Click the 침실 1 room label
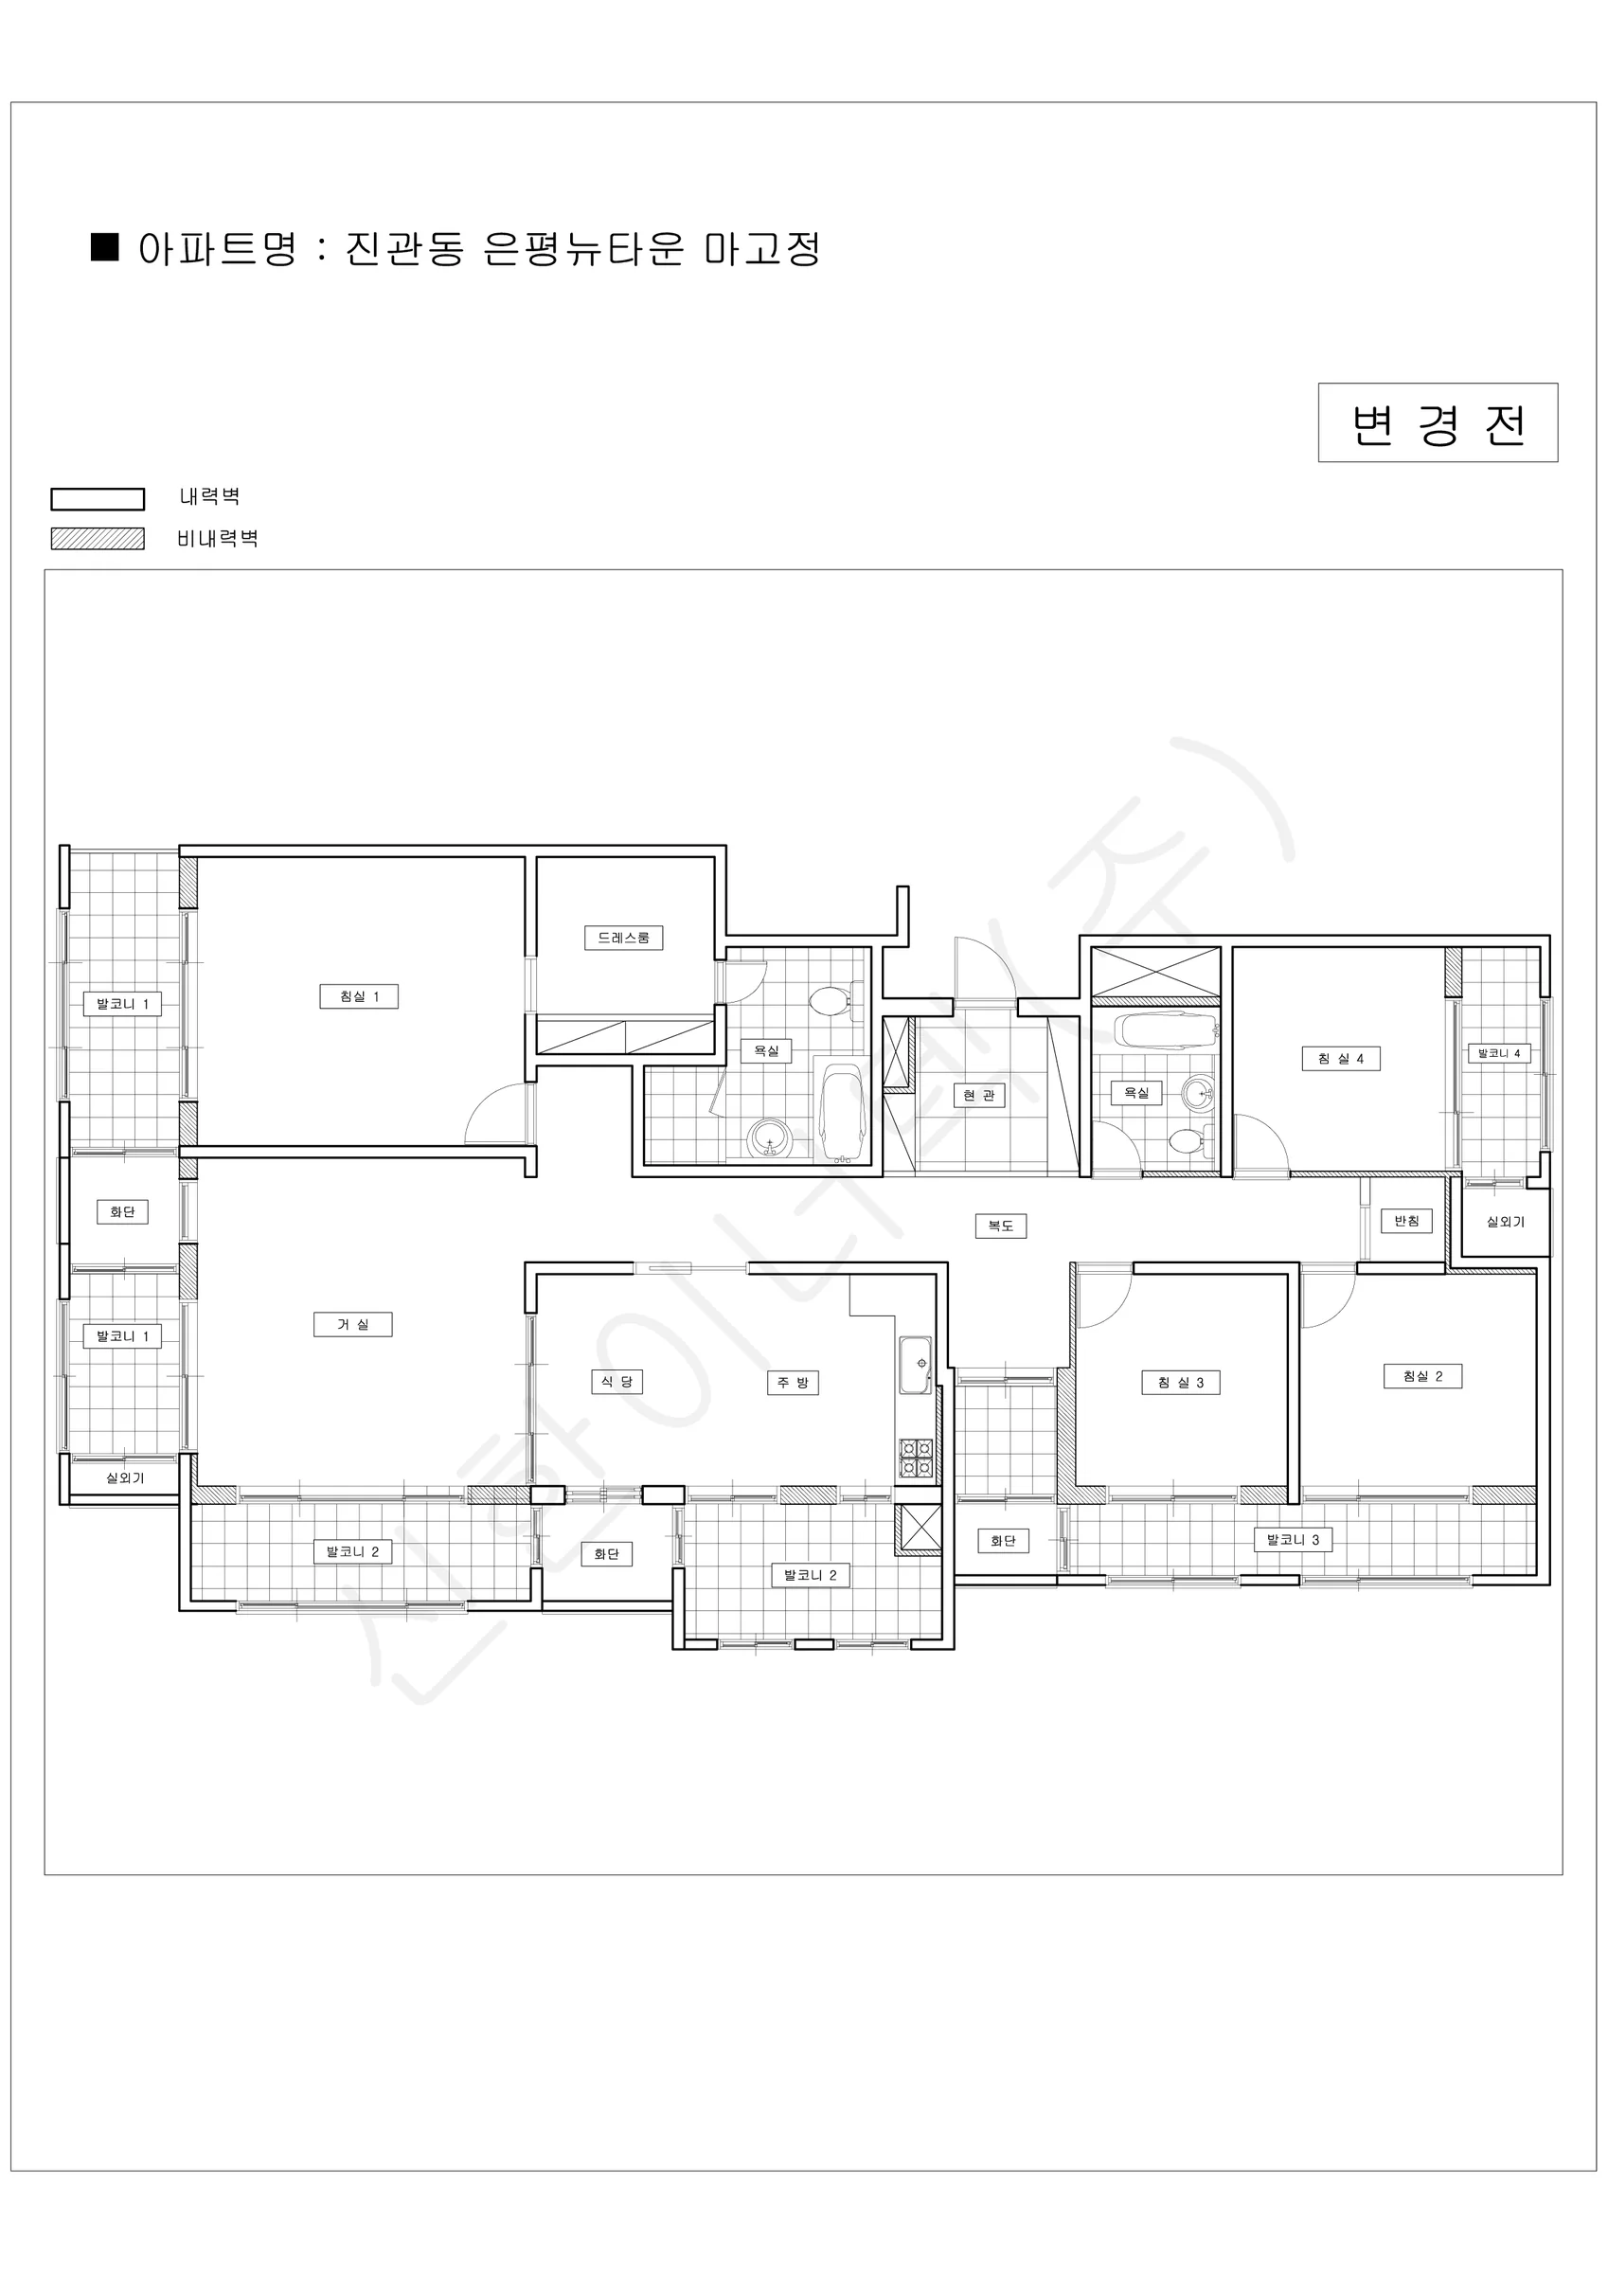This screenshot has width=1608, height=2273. tap(358, 996)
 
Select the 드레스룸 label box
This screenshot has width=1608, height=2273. tap(624, 938)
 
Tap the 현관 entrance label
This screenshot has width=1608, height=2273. tap(979, 1095)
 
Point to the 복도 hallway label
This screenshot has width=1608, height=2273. tap(1001, 1226)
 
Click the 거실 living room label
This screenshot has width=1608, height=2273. tap(353, 1325)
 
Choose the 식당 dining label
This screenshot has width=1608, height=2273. tap(616, 1382)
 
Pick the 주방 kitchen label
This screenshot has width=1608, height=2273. tap(793, 1383)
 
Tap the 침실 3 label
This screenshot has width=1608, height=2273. tap(1181, 1383)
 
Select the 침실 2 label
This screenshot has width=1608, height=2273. tap(1422, 1376)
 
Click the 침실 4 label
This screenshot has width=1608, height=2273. tap(1341, 1058)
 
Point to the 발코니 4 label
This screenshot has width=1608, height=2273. tap(1499, 1053)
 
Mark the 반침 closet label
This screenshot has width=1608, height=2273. tap(1407, 1221)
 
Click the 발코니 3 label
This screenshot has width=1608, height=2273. tap(1294, 1539)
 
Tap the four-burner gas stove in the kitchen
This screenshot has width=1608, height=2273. tap(916, 1459)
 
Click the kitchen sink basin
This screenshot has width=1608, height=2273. tap(915, 1364)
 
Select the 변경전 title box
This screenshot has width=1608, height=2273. tap(1438, 422)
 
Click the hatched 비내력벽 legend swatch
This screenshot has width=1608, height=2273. tap(98, 539)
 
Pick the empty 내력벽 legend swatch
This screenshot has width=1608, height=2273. tap(98, 499)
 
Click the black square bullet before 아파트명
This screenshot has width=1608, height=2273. tap(105, 247)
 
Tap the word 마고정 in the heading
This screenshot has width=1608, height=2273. tap(762, 248)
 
